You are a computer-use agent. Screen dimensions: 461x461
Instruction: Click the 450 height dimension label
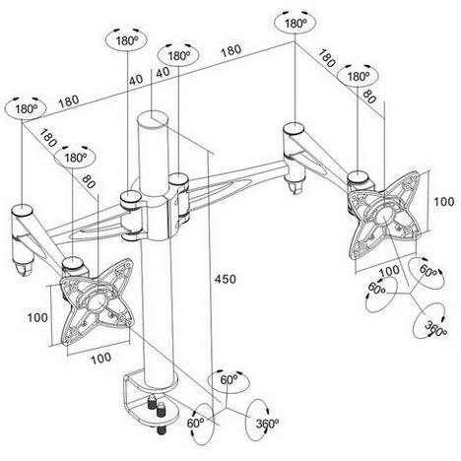226,279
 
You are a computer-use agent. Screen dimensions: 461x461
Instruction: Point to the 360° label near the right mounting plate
435,329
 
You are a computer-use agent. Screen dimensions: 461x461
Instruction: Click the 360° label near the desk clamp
267,424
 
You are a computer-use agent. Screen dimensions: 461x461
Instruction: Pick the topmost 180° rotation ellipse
295,24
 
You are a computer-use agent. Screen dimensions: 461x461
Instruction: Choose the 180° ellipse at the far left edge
26,108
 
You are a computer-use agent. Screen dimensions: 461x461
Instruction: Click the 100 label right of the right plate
444,201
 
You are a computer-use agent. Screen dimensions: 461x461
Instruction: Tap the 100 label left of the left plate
37,317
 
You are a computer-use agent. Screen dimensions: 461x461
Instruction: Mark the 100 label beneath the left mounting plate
101,358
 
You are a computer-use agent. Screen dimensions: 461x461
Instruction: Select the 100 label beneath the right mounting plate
389,272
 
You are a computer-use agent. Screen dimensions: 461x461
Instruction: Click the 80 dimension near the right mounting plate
369,97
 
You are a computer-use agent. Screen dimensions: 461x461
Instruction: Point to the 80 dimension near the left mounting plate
89,181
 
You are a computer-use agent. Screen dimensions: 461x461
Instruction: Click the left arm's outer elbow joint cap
23,210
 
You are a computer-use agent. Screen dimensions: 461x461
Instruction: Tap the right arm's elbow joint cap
295,129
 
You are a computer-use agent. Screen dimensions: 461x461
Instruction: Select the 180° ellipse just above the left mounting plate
75,158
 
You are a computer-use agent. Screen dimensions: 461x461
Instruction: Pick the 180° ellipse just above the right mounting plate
358,77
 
